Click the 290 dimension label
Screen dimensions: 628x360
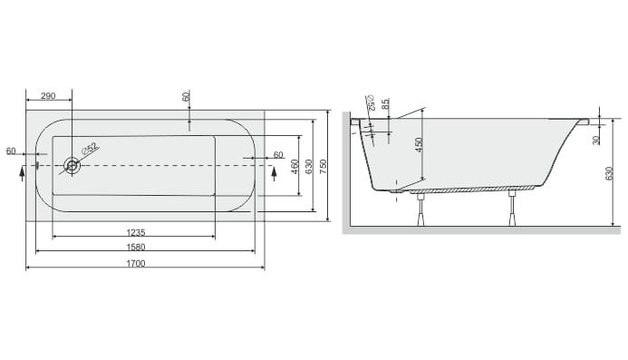tap(48, 96)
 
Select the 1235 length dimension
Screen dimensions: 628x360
tap(136, 232)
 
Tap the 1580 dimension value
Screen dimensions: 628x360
tap(136, 247)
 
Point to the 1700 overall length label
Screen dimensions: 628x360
tap(136, 263)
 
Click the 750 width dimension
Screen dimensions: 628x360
tap(324, 166)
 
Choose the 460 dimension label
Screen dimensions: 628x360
tap(295, 166)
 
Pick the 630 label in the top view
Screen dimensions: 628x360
tap(308, 166)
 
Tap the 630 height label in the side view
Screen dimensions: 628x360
tap(609, 173)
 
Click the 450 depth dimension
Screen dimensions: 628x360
tap(419, 145)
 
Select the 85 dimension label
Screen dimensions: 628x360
tap(385, 104)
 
